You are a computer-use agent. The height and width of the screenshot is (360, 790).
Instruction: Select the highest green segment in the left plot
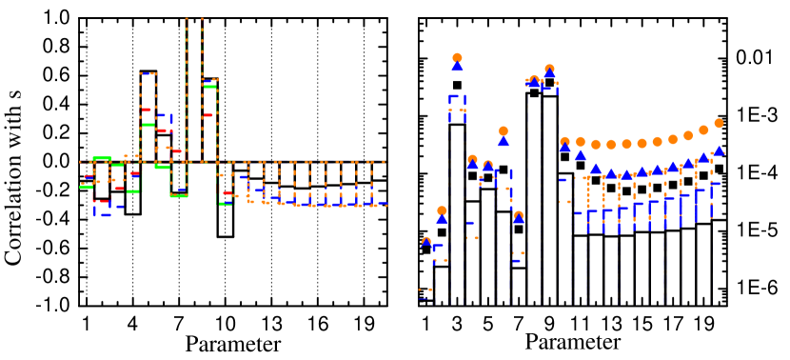pyautogui.click(x=209, y=87)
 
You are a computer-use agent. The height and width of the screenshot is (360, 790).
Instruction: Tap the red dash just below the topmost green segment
pyautogui.click(x=207, y=115)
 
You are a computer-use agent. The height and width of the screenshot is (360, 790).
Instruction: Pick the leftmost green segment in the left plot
pyautogui.click(x=86, y=187)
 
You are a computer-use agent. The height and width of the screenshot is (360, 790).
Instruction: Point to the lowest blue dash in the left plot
pyautogui.click(x=105, y=214)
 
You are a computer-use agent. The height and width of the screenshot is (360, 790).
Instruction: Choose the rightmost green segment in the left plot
pyautogui.click(x=226, y=203)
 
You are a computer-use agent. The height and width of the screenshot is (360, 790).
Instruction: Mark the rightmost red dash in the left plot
pyautogui.click(x=227, y=194)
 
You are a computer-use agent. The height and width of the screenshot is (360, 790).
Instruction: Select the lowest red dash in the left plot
pyautogui.click(x=101, y=201)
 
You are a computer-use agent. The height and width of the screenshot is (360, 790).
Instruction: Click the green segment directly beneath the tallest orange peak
pyautogui.click(x=179, y=195)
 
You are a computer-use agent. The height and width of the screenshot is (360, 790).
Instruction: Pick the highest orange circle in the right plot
pyautogui.click(x=457, y=57)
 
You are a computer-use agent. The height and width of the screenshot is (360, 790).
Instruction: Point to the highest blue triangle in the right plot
pyautogui.click(x=457, y=66)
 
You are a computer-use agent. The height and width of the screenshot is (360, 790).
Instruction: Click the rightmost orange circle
pyautogui.click(x=719, y=123)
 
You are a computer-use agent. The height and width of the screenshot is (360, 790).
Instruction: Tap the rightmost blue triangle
pyautogui.click(x=719, y=150)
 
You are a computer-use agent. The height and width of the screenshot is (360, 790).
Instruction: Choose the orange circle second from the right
pyautogui.click(x=703, y=130)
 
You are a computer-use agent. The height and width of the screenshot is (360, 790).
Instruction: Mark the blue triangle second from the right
pyautogui.click(x=703, y=157)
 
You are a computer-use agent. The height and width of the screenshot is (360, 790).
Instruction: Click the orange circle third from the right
pyautogui.click(x=688, y=135)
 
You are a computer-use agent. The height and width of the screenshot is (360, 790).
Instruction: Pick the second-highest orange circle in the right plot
pyautogui.click(x=549, y=69)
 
